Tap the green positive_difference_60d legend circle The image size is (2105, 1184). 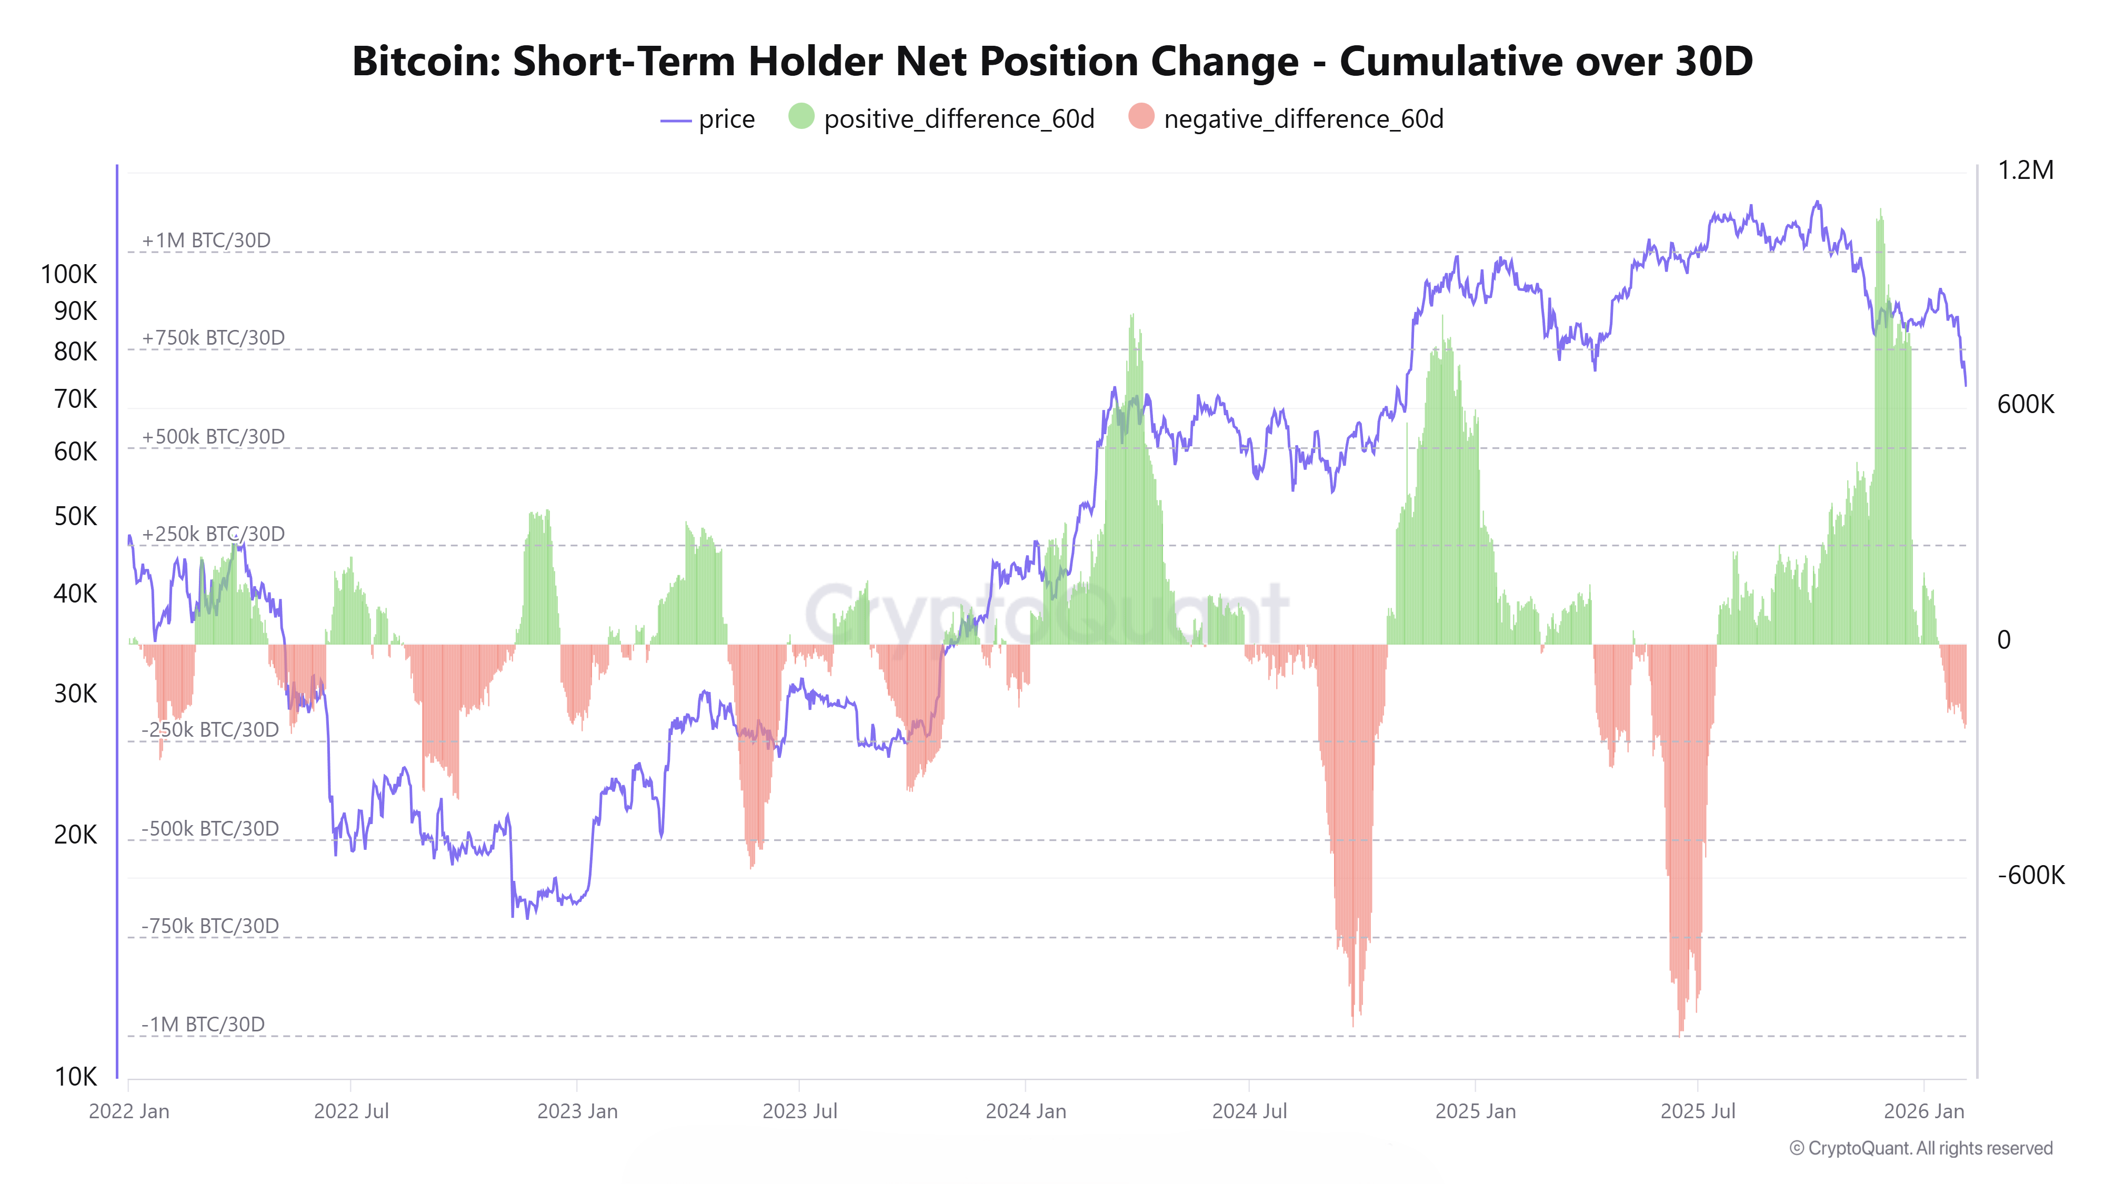click(x=801, y=117)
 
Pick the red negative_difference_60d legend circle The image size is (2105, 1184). click(x=1141, y=117)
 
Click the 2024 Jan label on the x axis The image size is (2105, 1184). click(x=1026, y=1111)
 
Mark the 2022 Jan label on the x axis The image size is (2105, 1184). click(x=129, y=1111)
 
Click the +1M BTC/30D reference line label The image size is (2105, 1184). click(x=206, y=240)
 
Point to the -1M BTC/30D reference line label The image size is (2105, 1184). click(x=203, y=1024)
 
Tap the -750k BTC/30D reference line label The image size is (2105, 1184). click(x=210, y=926)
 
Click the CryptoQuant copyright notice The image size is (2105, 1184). click(x=1920, y=1148)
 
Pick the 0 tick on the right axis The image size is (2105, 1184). click(x=2003, y=640)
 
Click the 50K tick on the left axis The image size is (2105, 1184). click(x=75, y=516)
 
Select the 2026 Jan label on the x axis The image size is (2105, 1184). click(x=1923, y=1111)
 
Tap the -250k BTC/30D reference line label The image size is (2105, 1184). click(x=210, y=730)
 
